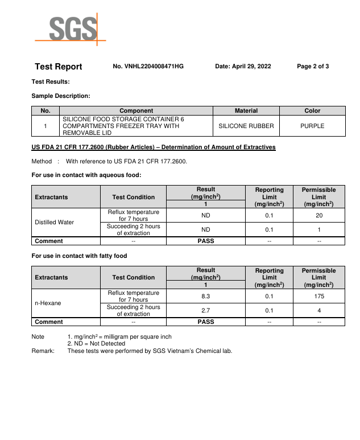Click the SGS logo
69,28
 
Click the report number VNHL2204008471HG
148,67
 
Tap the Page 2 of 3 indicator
313,67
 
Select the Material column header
246,110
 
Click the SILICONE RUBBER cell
246,126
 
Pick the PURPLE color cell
312,126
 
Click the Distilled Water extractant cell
55,222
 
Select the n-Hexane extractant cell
48,303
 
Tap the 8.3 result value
206,297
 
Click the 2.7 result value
206,311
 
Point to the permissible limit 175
319,297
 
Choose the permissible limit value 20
319,216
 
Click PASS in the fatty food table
206,322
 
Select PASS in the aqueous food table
206,241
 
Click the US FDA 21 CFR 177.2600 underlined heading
154,147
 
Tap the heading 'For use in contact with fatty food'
79,256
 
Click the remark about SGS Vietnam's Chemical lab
150,351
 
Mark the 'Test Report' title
59,67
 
